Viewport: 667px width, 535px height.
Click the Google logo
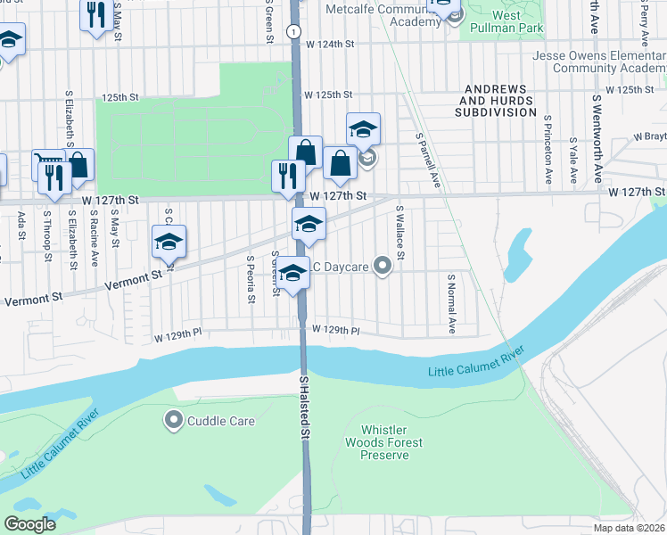(29, 524)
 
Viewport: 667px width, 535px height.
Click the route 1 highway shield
(292, 31)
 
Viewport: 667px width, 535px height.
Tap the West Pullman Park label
(506, 21)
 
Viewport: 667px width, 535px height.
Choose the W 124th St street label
(330, 44)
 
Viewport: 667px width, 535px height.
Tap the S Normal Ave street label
(452, 304)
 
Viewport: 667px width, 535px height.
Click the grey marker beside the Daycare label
(383, 266)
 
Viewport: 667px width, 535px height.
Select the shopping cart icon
(50, 160)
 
